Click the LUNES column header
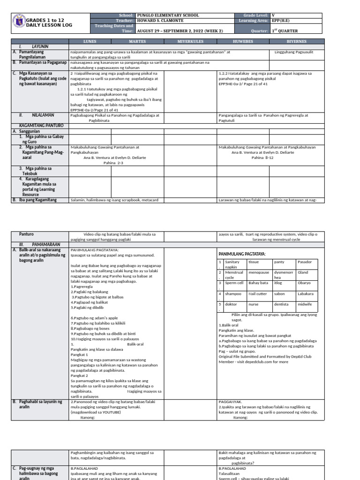tap(90, 41)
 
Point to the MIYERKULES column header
tap(190, 41)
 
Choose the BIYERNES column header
tap(296, 41)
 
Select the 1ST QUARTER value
tap(285, 31)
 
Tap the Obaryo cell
tap(304, 283)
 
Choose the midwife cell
tap(305, 304)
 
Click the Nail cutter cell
tap(258, 293)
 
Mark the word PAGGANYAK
tap(230, 402)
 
